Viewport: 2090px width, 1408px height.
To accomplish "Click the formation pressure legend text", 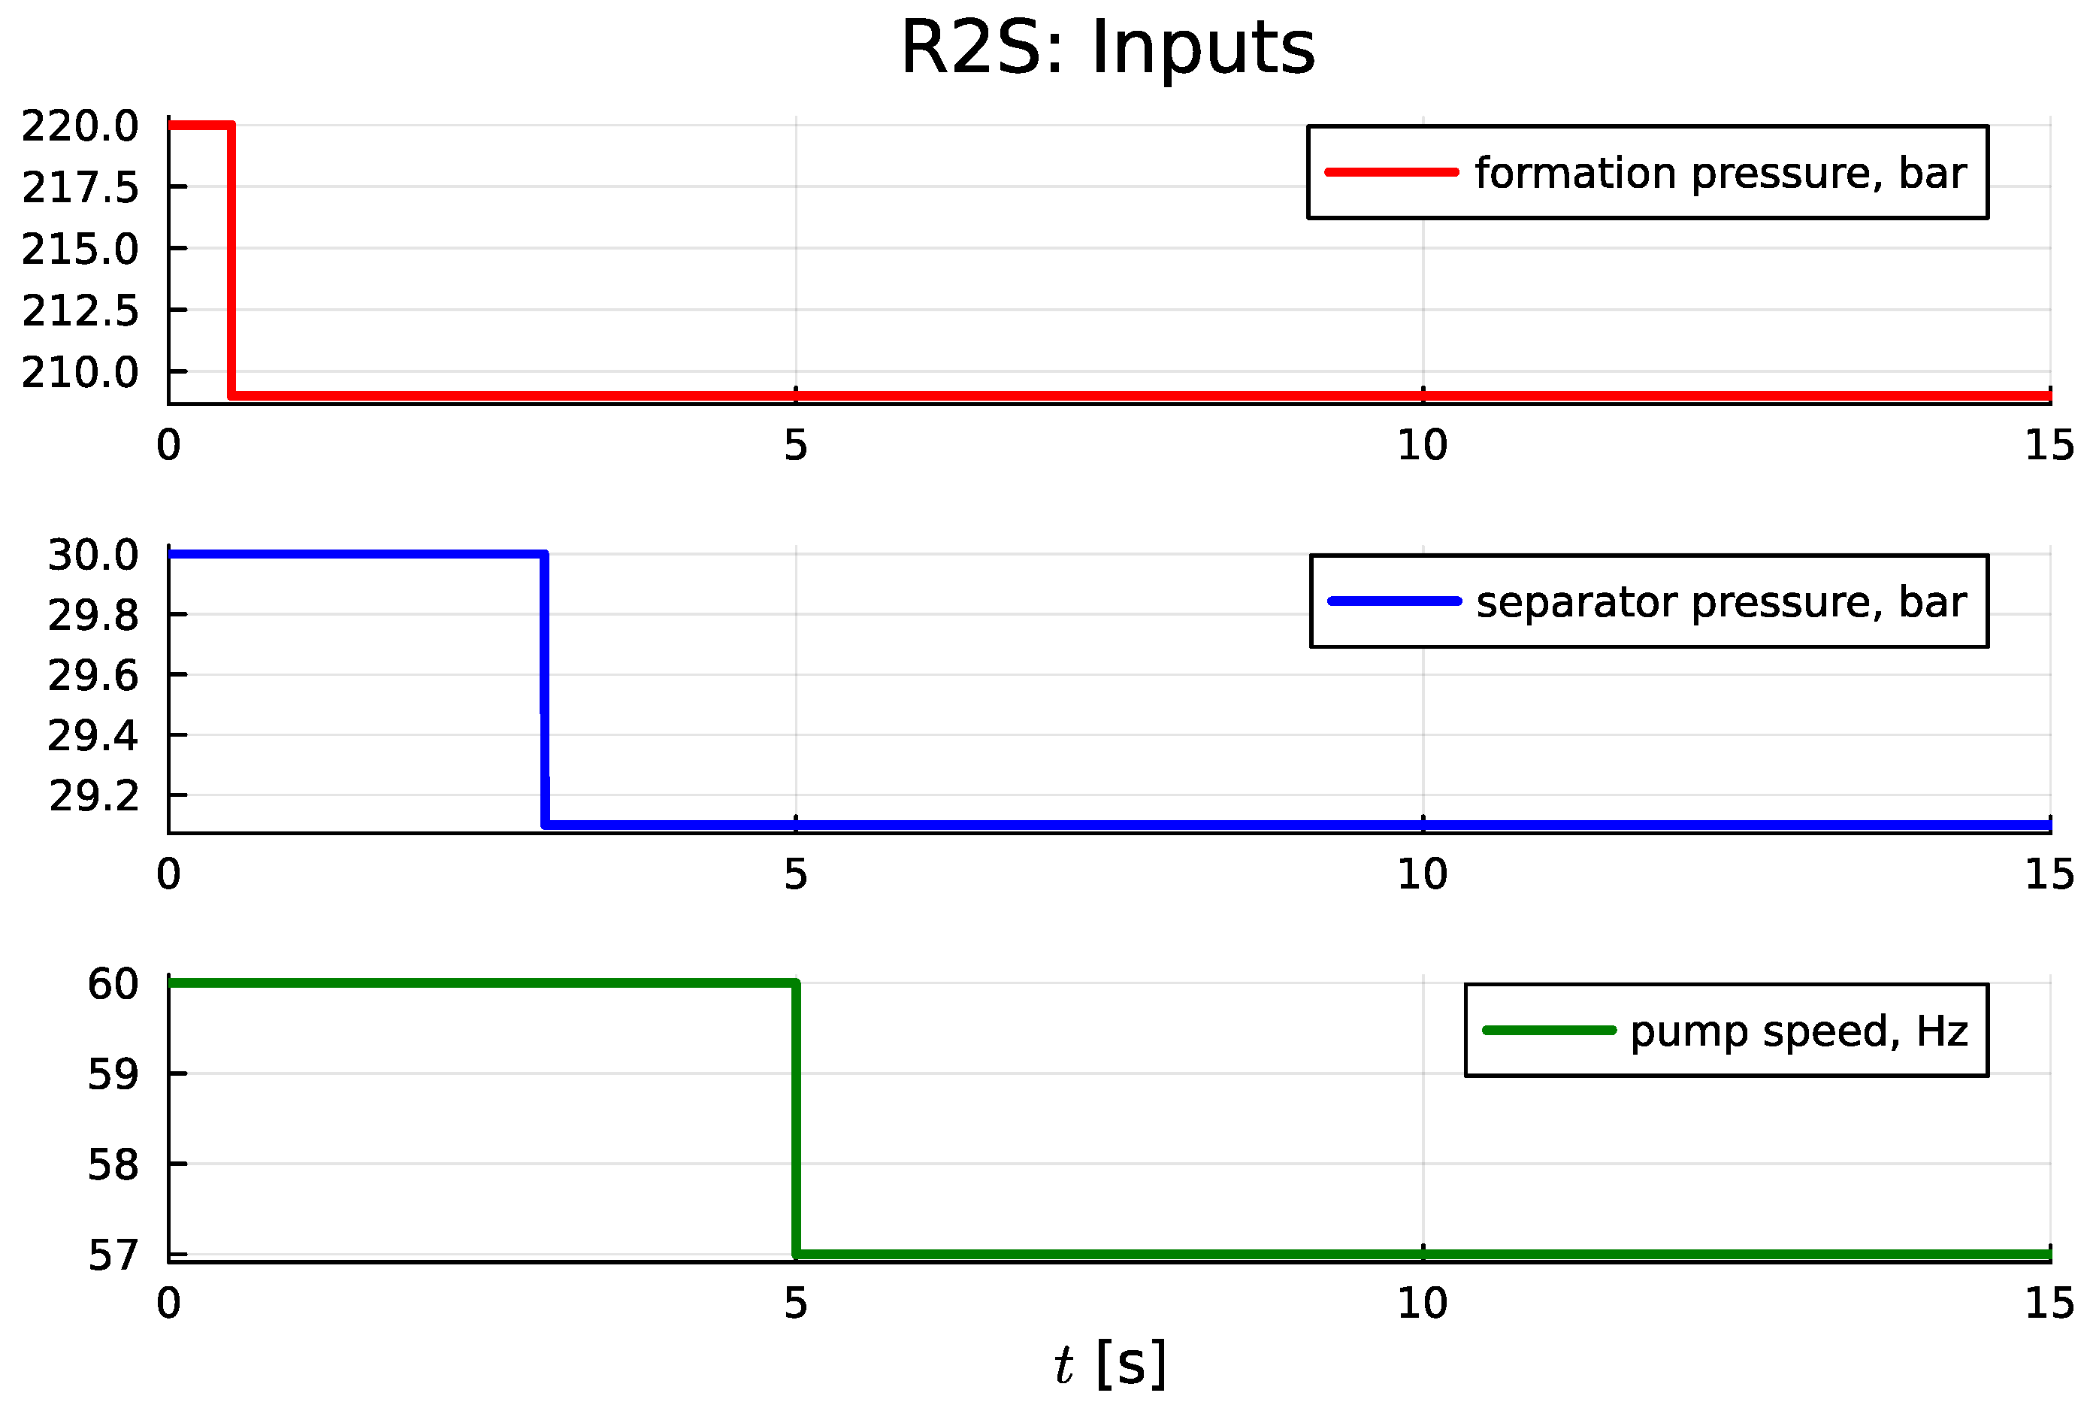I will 1719,172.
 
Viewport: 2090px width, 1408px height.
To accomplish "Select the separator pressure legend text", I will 1720,601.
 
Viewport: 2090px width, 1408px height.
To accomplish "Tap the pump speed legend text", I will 1798,1031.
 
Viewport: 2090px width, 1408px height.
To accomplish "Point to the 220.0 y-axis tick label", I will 80,126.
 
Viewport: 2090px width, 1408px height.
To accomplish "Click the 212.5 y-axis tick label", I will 80,310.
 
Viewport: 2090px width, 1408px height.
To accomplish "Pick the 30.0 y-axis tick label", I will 92,555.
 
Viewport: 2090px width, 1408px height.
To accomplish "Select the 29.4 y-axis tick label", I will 92,735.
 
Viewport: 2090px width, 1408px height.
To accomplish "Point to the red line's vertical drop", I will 231,260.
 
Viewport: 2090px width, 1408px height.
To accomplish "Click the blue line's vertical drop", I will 544,689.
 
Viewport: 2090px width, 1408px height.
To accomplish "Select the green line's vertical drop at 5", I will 795,1119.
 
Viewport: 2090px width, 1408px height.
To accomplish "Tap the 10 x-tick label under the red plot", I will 1422,445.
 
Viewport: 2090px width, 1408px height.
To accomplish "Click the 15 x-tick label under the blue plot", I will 2049,874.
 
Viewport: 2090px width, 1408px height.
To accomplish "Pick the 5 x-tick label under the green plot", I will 795,1303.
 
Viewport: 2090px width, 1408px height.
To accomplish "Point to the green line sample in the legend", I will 1549,1031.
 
